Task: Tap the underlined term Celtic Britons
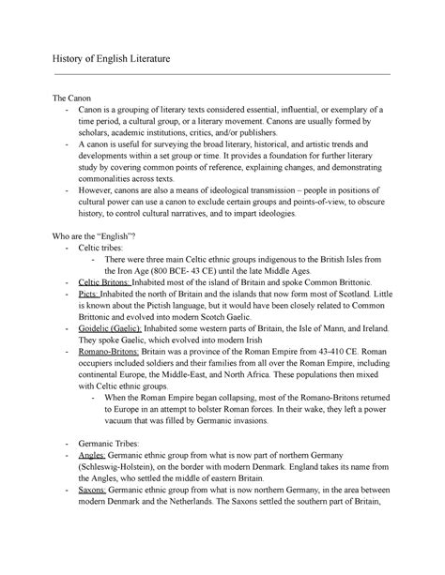pyautogui.click(x=104, y=281)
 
